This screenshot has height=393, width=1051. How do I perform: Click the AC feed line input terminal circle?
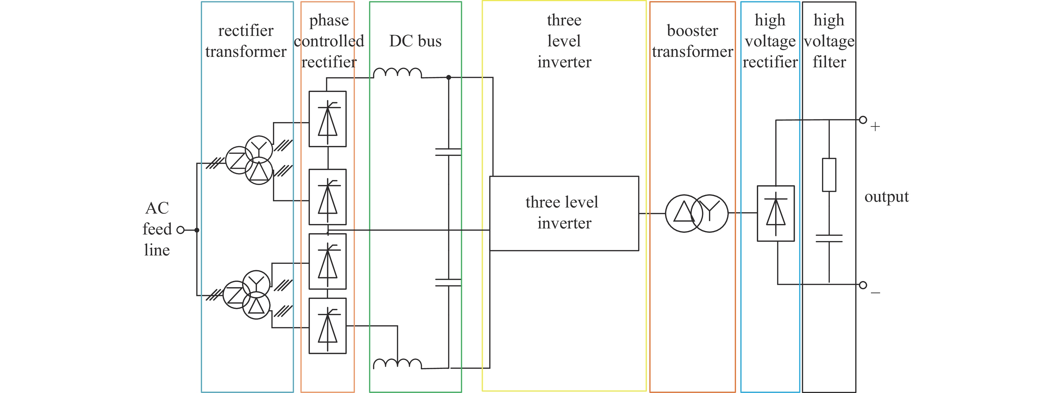(x=180, y=230)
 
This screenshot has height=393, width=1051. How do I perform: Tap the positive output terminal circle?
(x=863, y=120)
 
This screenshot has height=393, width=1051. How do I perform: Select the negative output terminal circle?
(x=863, y=285)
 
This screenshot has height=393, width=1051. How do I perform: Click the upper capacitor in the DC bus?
(x=448, y=152)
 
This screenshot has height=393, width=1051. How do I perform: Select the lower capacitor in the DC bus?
(x=448, y=282)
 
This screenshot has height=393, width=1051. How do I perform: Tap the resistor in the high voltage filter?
(x=829, y=175)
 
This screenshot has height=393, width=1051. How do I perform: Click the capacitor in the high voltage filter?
(x=829, y=238)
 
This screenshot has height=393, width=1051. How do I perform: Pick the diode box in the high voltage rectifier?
(x=776, y=213)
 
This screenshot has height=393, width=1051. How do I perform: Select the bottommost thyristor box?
(x=328, y=326)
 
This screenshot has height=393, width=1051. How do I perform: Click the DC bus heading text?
(x=415, y=41)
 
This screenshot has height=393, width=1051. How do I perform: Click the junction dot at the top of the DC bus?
(x=448, y=77)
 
